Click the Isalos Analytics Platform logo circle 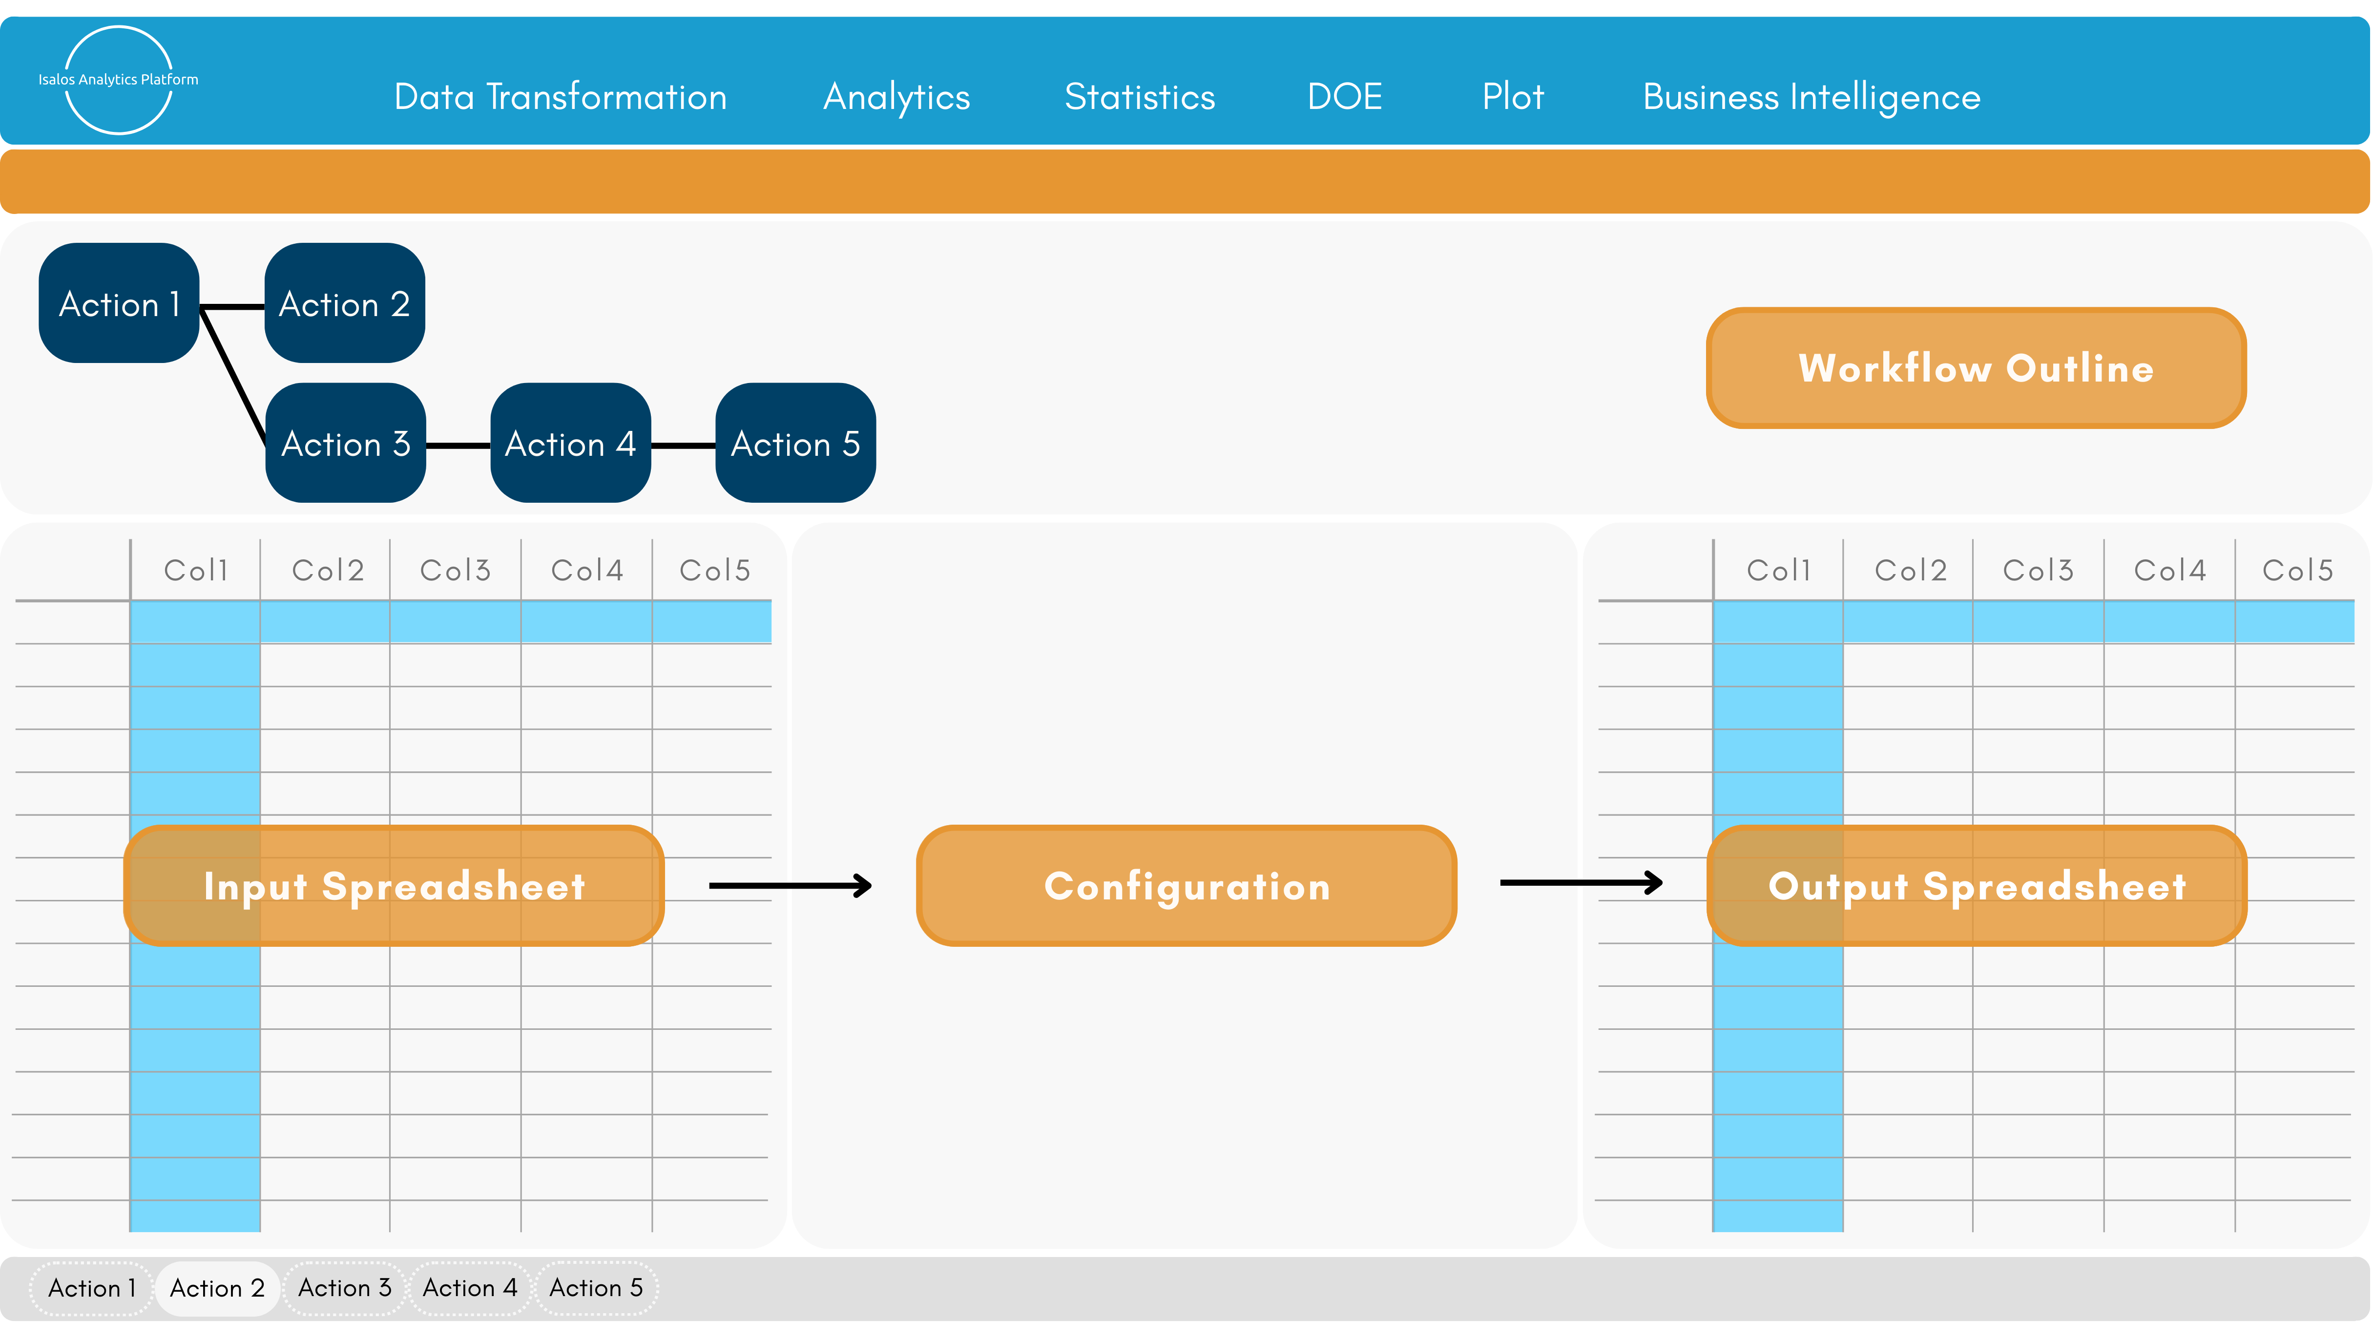(x=118, y=80)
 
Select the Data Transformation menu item (x=561, y=97)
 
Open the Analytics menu (x=896, y=97)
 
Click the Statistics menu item (x=1139, y=97)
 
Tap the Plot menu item (x=1512, y=97)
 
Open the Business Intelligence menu (x=1811, y=97)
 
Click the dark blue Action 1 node (x=119, y=303)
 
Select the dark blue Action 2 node (x=345, y=303)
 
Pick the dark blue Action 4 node (x=570, y=444)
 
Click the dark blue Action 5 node (x=795, y=444)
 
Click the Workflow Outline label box (x=1976, y=368)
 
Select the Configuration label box (x=1186, y=886)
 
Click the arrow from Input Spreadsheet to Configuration (x=790, y=886)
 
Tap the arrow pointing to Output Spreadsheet (x=1581, y=883)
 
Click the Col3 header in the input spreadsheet (x=455, y=570)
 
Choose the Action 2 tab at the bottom (x=217, y=1288)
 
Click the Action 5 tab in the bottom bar (x=596, y=1288)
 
